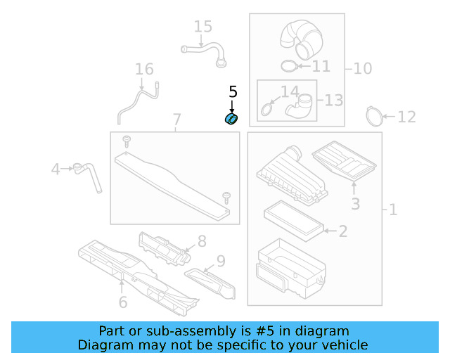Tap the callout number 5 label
[x=233, y=92]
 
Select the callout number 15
[x=202, y=27]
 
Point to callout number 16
[x=144, y=70]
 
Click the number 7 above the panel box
[x=176, y=120]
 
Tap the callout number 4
[x=56, y=169]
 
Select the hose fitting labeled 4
[x=87, y=172]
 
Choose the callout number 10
[x=363, y=68]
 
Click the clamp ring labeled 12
[x=375, y=115]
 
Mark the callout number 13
[x=334, y=100]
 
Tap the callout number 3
[x=355, y=204]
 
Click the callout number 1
[x=392, y=210]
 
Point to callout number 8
[x=202, y=241]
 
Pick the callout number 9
[x=220, y=262]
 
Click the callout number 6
[x=122, y=302]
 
